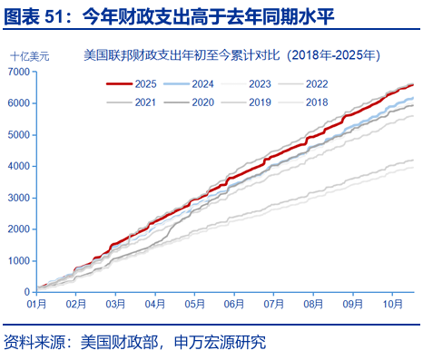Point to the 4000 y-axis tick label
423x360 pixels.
pos(23,166)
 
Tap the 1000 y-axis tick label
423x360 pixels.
pos(23,261)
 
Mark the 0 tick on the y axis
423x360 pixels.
pos(31,292)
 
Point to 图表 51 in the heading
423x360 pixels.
pos(35,15)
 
